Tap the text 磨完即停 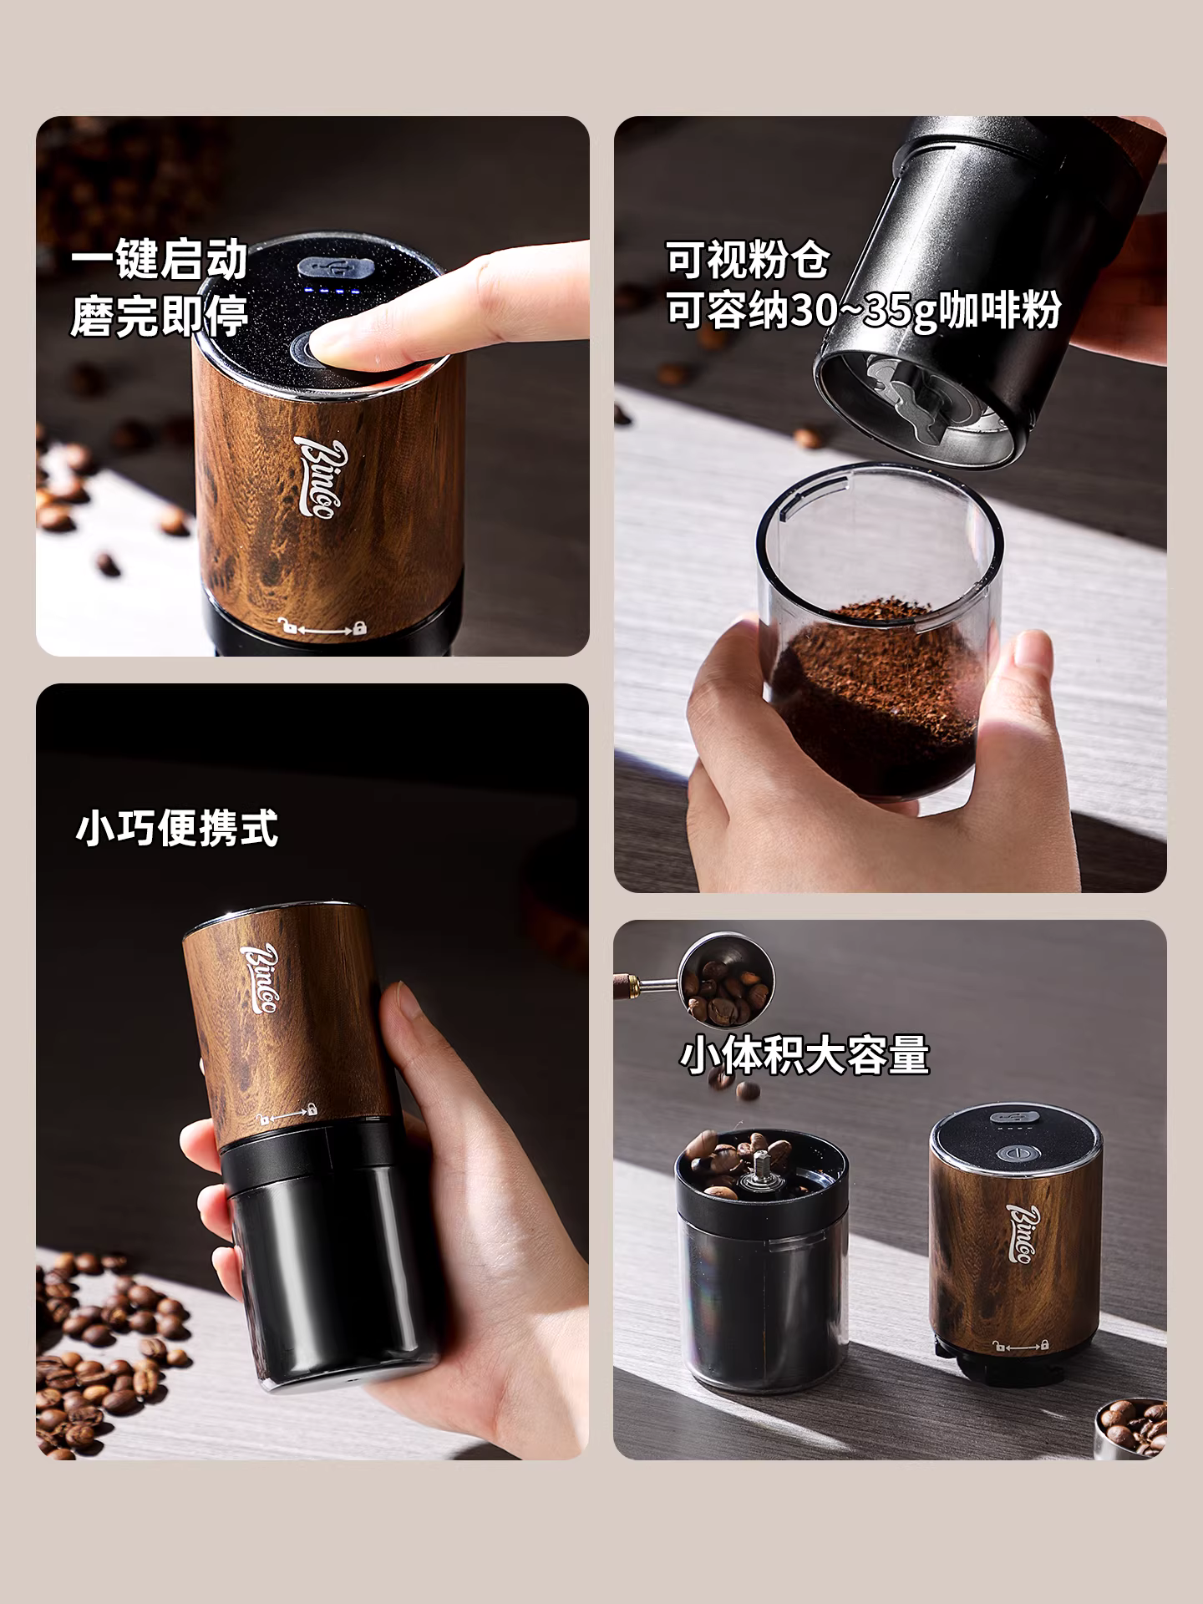(x=159, y=316)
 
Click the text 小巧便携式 (x=176, y=828)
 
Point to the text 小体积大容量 (x=804, y=1054)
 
